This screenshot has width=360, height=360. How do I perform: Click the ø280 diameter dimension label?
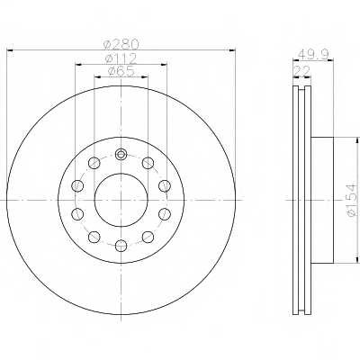(121, 45)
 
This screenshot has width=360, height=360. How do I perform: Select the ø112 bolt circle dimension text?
(121, 58)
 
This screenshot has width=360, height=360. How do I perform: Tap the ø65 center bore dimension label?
(121, 72)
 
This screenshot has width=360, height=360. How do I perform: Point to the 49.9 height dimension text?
(313, 55)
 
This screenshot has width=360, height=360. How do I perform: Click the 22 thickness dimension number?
(302, 71)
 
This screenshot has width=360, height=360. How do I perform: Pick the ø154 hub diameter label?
(352, 200)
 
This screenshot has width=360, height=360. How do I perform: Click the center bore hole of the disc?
(121, 200)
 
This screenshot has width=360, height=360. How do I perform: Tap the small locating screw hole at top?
(121, 155)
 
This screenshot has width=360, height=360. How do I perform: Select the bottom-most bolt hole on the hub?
(121, 246)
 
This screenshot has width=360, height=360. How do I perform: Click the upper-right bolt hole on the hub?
(148, 163)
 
